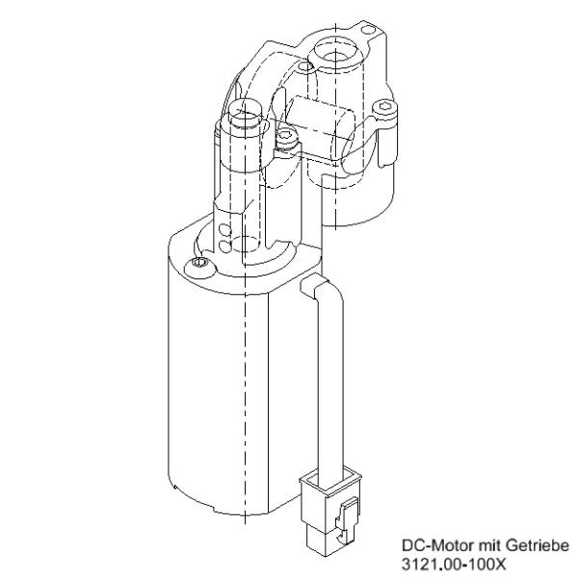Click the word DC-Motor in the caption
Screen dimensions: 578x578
[433, 546]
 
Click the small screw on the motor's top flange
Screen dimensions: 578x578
[199, 263]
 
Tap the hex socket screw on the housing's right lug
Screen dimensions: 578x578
[385, 108]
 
